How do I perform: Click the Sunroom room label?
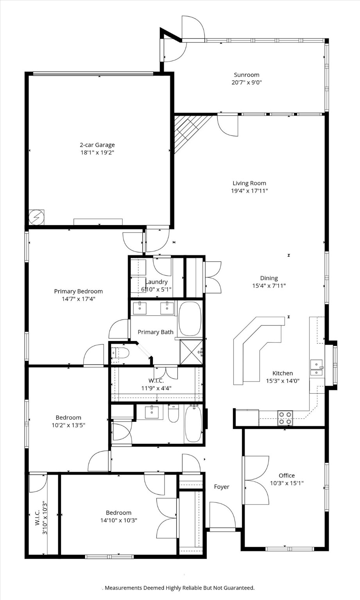(x=246, y=75)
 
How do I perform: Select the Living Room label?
(x=249, y=183)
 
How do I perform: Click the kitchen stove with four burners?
(x=285, y=418)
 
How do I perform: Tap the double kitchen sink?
(x=316, y=368)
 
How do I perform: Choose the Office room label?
(x=287, y=475)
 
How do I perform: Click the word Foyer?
(x=221, y=487)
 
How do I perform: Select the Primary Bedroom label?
(x=78, y=291)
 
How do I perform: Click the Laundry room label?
(x=156, y=282)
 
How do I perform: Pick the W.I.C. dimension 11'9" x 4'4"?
(x=156, y=388)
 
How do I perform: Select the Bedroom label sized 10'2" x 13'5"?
(x=68, y=418)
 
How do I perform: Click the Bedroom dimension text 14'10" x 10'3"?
(x=118, y=520)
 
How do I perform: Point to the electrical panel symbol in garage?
(x=36, y=217)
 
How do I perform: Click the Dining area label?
(x=269, y=278)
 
